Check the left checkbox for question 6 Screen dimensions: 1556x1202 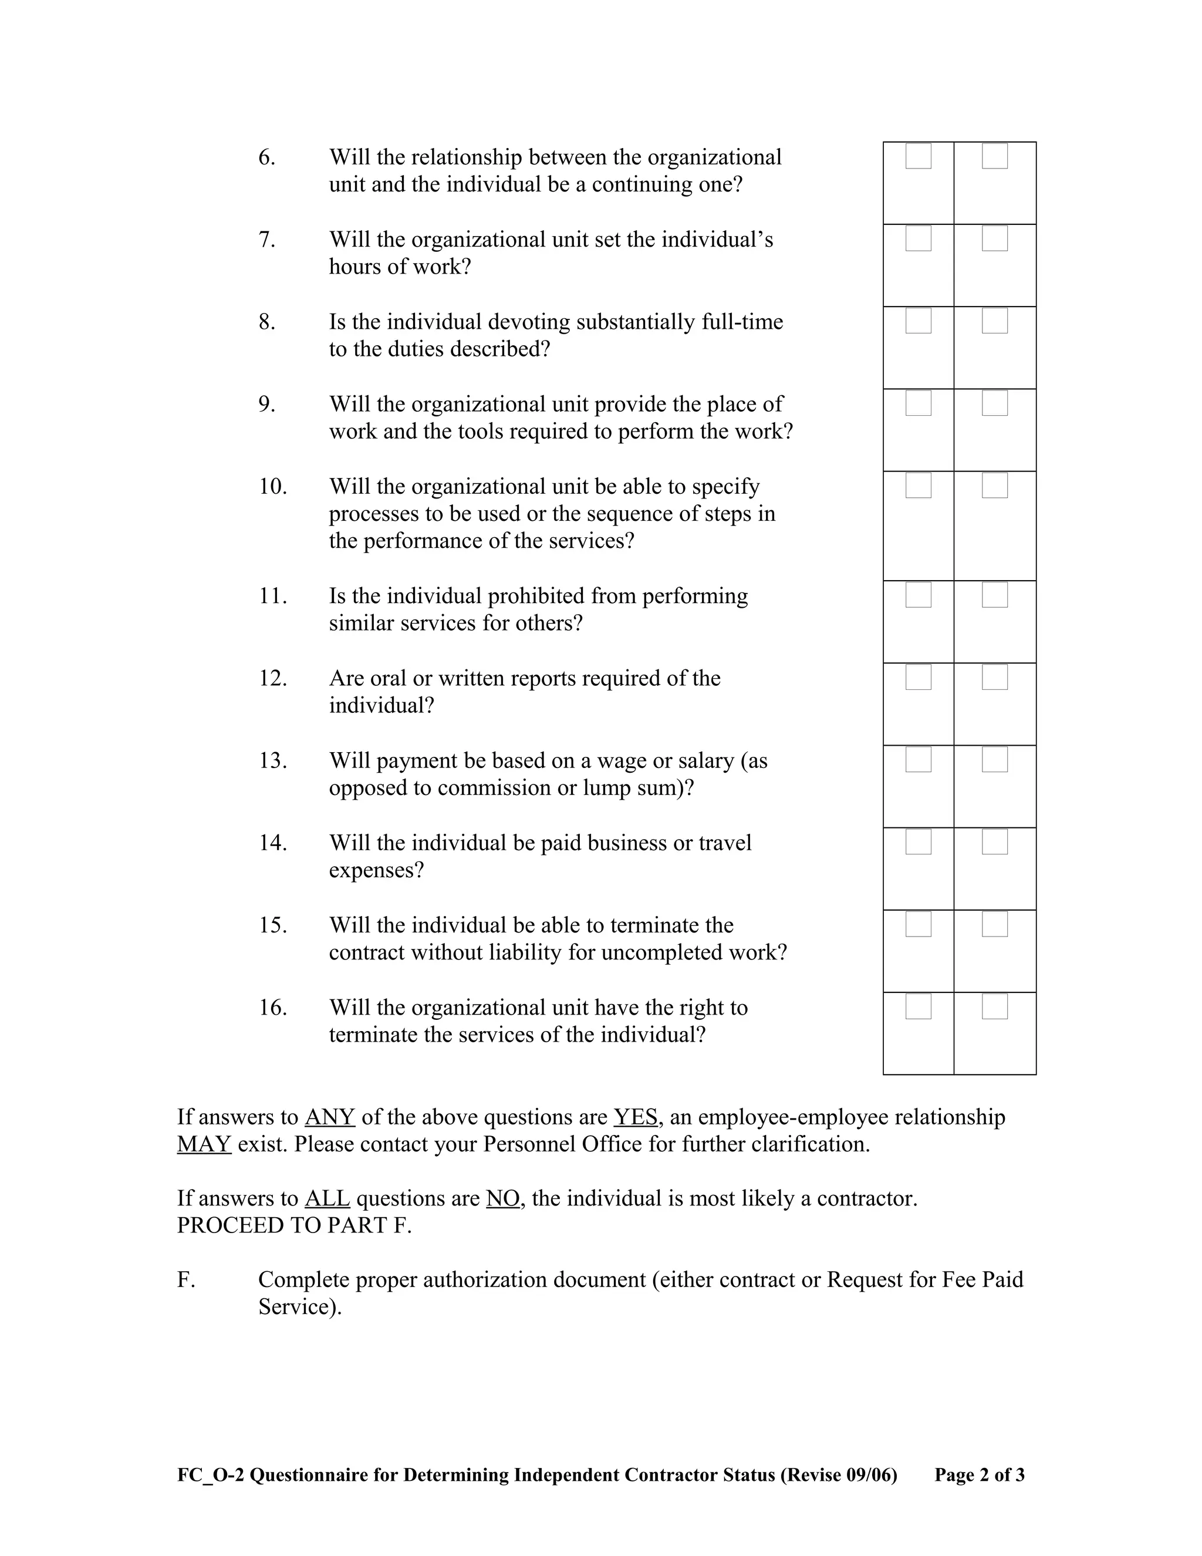coord(918,156)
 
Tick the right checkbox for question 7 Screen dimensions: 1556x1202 coord(994,238)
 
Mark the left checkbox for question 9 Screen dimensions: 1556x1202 coord(918,403)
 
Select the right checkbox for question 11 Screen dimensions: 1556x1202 coord(994,595)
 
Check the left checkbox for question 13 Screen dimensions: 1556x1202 coord(918,759)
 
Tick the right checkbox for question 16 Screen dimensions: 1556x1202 coord(994,1006)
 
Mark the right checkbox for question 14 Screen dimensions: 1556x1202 coord(994,842)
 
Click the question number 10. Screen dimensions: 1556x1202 coord(273,487)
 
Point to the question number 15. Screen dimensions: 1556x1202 coord(273,926)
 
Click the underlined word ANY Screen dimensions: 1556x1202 coord(330,1117)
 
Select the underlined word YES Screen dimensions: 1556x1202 coord(635,1117)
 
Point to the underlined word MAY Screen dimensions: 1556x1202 coord(204,1144)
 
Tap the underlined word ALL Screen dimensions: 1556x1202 coord(327,1198)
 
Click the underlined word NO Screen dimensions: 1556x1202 coord(503,1198)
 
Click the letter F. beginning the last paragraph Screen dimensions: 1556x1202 coord(186,1280)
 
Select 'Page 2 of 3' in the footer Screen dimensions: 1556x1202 coord(979,1475)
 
